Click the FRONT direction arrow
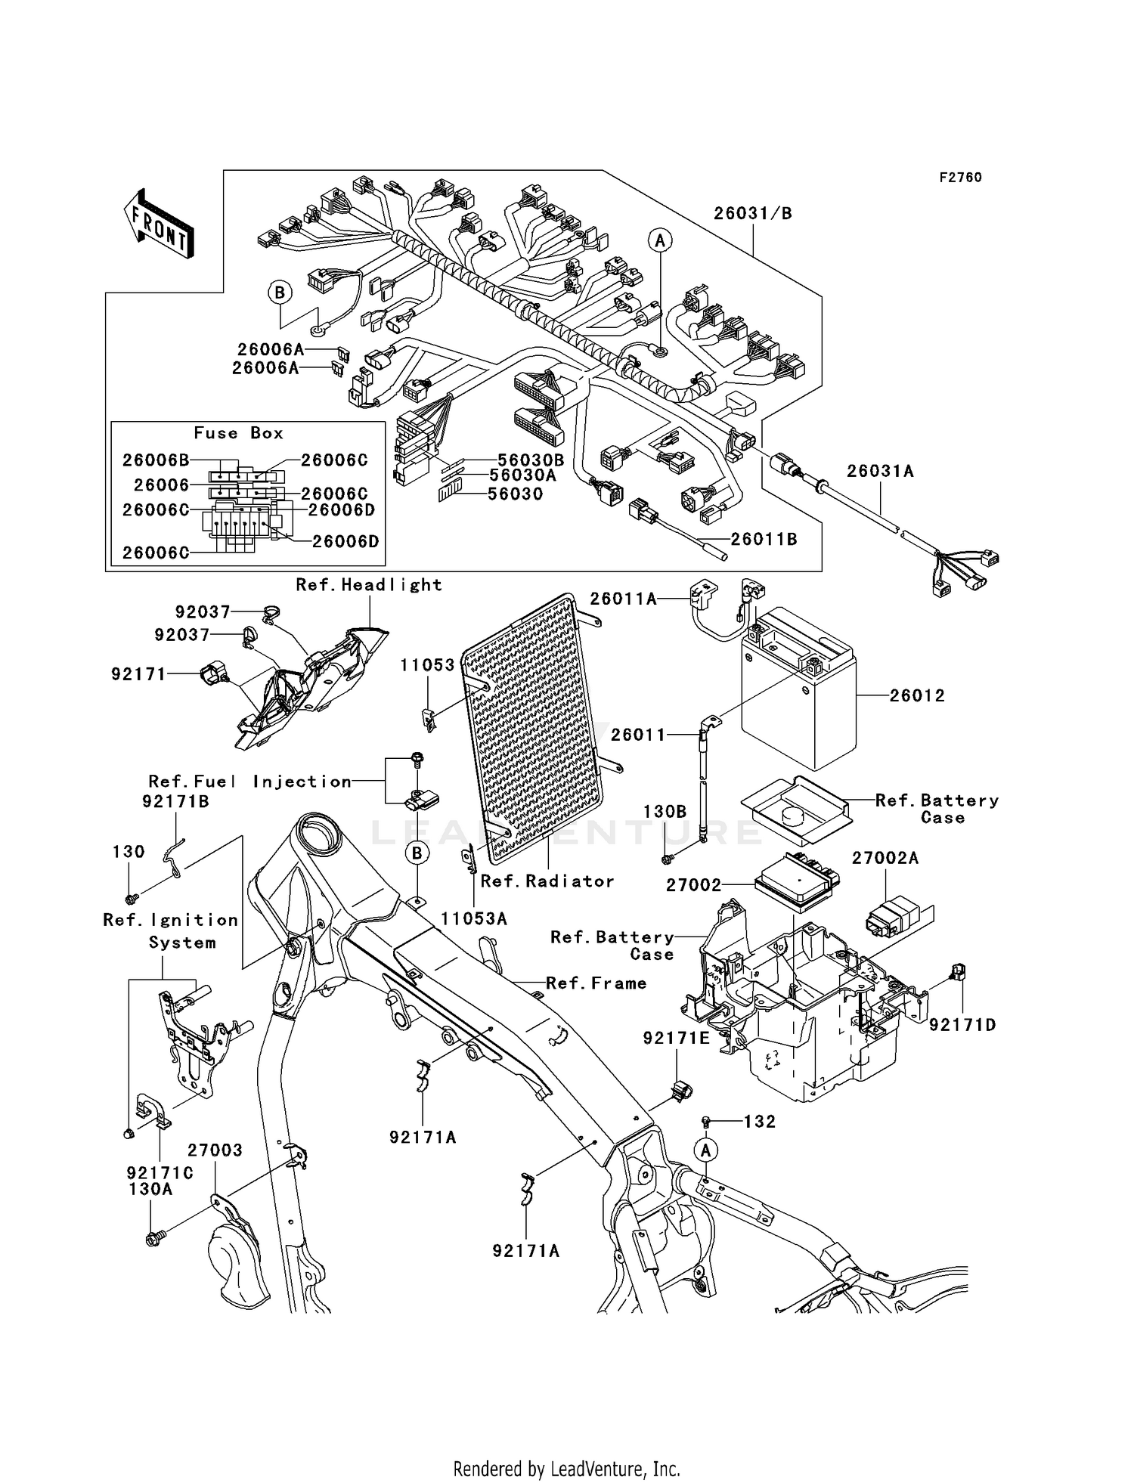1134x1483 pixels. tap(160, 225)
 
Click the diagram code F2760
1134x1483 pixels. tap(960, 178)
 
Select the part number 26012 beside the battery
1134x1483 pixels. tap(917, 695)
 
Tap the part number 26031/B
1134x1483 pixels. tap(753, 214)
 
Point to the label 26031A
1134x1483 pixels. tap(880, 472)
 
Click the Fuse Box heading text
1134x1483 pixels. tap(239, 433)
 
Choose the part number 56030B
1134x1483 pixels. tap(531, 460)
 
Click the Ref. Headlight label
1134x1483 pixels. tap(369, 584)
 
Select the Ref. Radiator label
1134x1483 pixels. tap(547, 881)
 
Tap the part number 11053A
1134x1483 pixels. tap(474, 918)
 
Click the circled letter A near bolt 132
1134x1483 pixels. tap(706, 1150)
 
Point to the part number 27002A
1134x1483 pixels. tap(885, 858)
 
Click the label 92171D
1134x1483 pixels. tap(962, 1025)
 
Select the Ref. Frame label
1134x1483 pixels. tap(596, 983)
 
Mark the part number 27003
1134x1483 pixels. tap(215, 1150)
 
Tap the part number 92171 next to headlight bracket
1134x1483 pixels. tap(138, 673)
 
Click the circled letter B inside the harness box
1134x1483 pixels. tap(280, 293)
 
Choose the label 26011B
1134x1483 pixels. tap(764, 540)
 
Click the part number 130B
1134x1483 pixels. tap(665, 812)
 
